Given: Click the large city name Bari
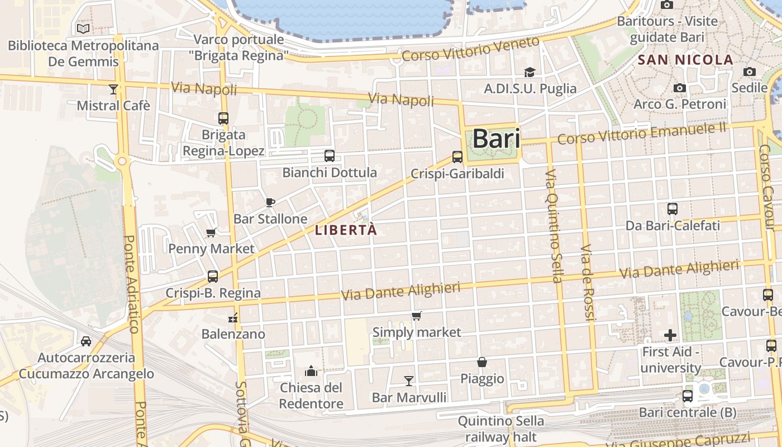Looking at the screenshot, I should (x=496, y=139).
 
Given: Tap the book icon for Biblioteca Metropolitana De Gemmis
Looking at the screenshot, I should (x=83, y=28).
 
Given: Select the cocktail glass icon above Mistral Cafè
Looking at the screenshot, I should (x=113, y=89).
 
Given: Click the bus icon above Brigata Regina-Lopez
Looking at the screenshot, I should (x=223, y=118).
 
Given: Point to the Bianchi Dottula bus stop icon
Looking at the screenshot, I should (x=330, y=156).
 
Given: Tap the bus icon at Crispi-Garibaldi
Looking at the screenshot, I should (x=457, y=157).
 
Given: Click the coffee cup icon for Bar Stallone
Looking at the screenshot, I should (x=270, y=202).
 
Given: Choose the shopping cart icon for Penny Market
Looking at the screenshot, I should (x=211, y=232).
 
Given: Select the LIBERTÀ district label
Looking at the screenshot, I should (x=346, y=230).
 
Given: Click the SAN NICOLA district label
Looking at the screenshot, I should (x=685, y=60).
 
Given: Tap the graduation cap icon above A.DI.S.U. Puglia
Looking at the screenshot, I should (x=530, y=72).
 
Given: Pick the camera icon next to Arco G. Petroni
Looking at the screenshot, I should (x=679, y=88).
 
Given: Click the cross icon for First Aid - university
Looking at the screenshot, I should (x=670, y=335).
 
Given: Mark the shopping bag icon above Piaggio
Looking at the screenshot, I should (x=482, y=362).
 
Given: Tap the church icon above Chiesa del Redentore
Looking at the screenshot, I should (x=311, y=371).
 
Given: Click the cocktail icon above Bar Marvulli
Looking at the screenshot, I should (x=409, y=381).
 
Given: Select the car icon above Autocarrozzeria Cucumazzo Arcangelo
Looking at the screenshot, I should (x=86, y=341).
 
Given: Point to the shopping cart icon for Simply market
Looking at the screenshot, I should (x=417, y=316).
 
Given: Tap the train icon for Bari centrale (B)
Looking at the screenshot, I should (x=688, y=396).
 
